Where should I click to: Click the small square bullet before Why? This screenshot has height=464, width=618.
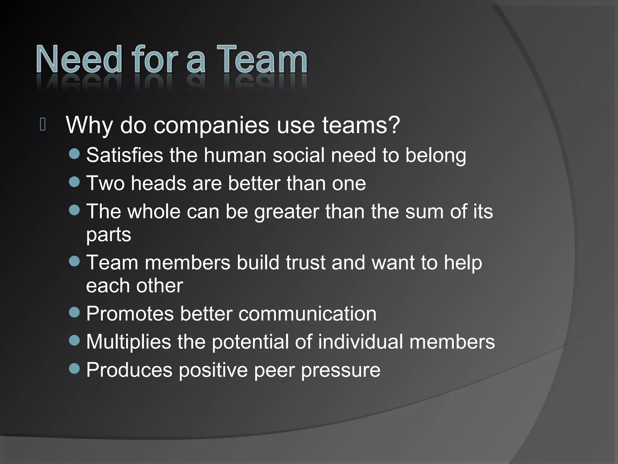point(43,124)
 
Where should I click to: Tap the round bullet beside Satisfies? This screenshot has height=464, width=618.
point(74,154)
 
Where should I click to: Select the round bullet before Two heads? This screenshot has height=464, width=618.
point(74,182)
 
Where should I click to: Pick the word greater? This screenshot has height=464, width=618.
point(286,212)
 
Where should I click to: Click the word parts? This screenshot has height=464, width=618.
point(109,235)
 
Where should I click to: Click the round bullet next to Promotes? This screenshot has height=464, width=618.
point(74,312)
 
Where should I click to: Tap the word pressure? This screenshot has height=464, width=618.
point(341,370)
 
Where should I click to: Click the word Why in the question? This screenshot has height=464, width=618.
point(89,125)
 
